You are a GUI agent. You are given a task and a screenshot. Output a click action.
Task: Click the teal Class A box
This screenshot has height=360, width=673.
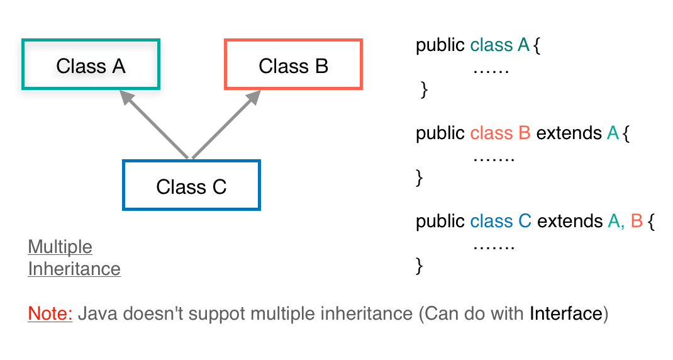click(x=91, y=65)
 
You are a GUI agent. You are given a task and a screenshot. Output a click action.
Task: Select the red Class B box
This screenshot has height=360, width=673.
click(x=293, y=65)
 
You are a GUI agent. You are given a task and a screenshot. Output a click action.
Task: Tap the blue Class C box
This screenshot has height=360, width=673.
click(x=191, y=186)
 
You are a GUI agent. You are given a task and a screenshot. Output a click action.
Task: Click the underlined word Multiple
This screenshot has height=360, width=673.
click(x=60, y=247)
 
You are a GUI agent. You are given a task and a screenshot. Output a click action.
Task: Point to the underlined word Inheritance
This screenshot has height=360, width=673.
click(x=74, y=269)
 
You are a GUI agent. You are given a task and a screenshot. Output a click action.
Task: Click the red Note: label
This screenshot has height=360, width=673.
click(x=50, y=313)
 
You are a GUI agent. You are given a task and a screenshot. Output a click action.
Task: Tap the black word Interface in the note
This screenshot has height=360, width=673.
click(x=565, y=313)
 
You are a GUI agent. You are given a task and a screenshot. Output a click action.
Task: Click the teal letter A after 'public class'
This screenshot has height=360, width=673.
click(x=523, y=45)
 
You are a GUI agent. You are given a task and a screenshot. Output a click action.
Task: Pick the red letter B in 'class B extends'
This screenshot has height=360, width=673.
click(x=525, y=133)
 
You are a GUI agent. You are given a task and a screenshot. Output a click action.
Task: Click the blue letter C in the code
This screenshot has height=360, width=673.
click(x=525, y=222)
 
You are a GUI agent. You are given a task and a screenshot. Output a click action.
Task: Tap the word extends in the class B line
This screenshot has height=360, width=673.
click(x=569, y=133)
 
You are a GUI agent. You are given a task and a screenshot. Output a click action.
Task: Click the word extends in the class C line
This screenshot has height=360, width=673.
click(x=570, y=222)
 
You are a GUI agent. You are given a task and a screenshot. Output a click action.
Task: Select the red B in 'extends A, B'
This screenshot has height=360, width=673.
click(x=636, y=222)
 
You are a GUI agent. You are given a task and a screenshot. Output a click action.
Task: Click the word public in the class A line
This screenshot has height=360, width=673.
click(x=440, y=45)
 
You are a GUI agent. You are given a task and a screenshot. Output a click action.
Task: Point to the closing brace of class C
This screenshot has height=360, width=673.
click(x=420, y=266)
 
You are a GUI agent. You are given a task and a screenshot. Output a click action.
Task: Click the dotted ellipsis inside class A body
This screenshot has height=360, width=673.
click(x=490, y=69)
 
